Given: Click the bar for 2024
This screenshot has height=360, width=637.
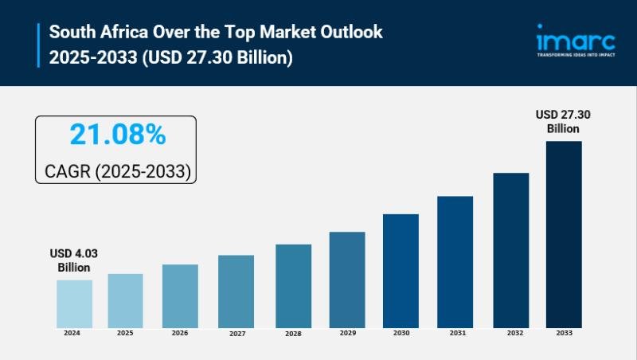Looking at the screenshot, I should coord(74,303).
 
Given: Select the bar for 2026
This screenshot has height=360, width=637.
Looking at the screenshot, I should coord(180,295).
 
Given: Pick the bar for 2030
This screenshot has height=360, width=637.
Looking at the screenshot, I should coord(401,271).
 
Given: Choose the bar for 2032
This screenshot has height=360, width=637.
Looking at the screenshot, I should coord(510,250).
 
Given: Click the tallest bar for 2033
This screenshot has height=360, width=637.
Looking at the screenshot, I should coord(564,234).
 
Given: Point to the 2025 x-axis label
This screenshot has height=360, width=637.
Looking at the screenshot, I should coord(126,333).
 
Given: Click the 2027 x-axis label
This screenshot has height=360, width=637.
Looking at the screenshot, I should coord(236,334).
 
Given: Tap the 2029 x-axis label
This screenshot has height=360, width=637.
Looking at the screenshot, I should coord(347,333).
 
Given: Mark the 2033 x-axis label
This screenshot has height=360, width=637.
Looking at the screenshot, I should coord(564,333).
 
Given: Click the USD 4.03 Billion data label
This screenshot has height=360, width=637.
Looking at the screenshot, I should coord(74,260).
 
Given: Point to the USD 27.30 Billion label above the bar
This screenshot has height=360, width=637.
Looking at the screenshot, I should coord(563,121).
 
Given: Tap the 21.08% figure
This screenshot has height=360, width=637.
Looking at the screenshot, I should coord(117,135).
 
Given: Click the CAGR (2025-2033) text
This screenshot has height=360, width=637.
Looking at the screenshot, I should coord(116,170).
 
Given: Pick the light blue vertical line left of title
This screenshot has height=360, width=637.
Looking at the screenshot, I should coord(37,45).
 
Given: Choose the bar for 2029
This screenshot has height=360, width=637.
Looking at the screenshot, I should coord(347,280).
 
